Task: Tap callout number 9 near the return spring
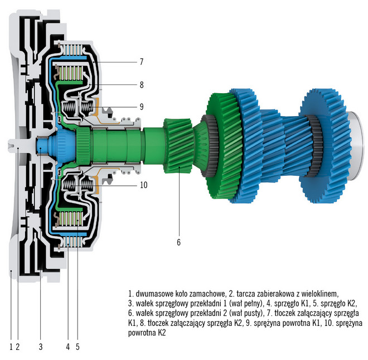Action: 142,106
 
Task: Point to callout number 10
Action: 143,185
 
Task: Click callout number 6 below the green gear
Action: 178,242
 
